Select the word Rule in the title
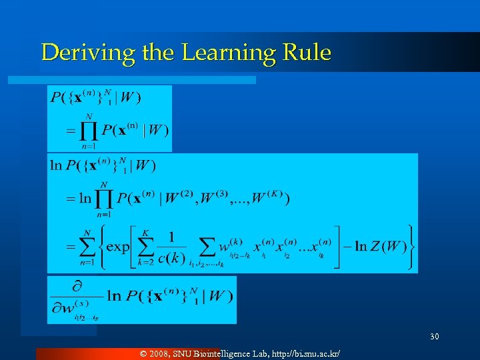[307, 53]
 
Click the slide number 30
[435, 336]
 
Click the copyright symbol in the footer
[145, 352]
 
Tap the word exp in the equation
[118, 247]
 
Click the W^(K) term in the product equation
[265, 198]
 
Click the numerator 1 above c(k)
[172, 237]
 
